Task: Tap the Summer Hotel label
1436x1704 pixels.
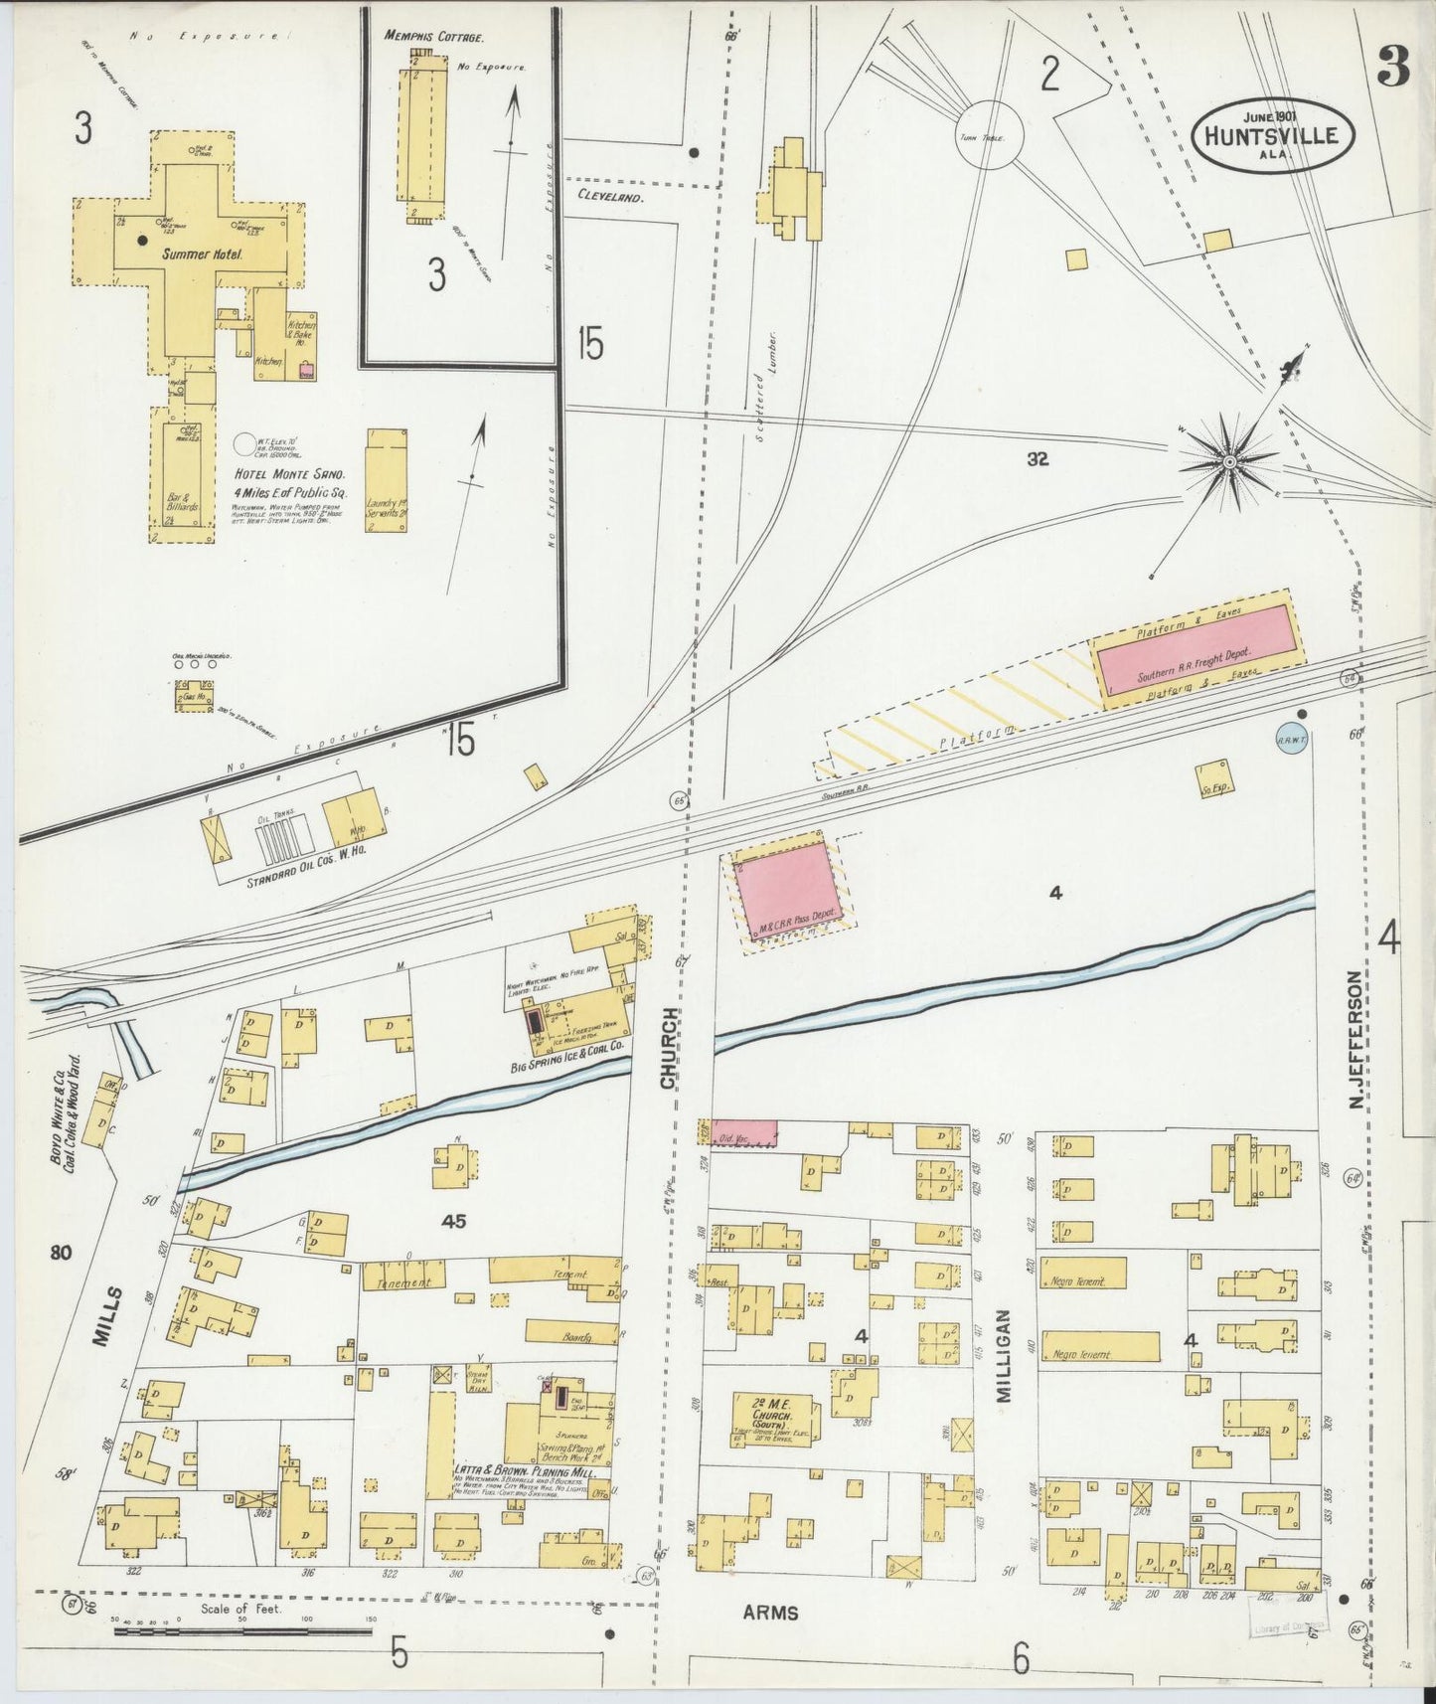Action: tap(203, 255)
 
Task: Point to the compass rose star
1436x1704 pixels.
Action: tap(1228, 461)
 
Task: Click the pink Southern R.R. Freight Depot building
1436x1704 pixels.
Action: tap(1197, 659)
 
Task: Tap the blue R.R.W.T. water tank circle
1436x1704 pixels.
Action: tap(1291, 738)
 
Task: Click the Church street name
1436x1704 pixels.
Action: tap(671, 1047)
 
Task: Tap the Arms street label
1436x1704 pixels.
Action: tap(770, 1612)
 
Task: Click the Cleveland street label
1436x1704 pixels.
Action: tap(610, 197)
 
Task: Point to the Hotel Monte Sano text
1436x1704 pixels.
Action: tap(288, 475)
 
